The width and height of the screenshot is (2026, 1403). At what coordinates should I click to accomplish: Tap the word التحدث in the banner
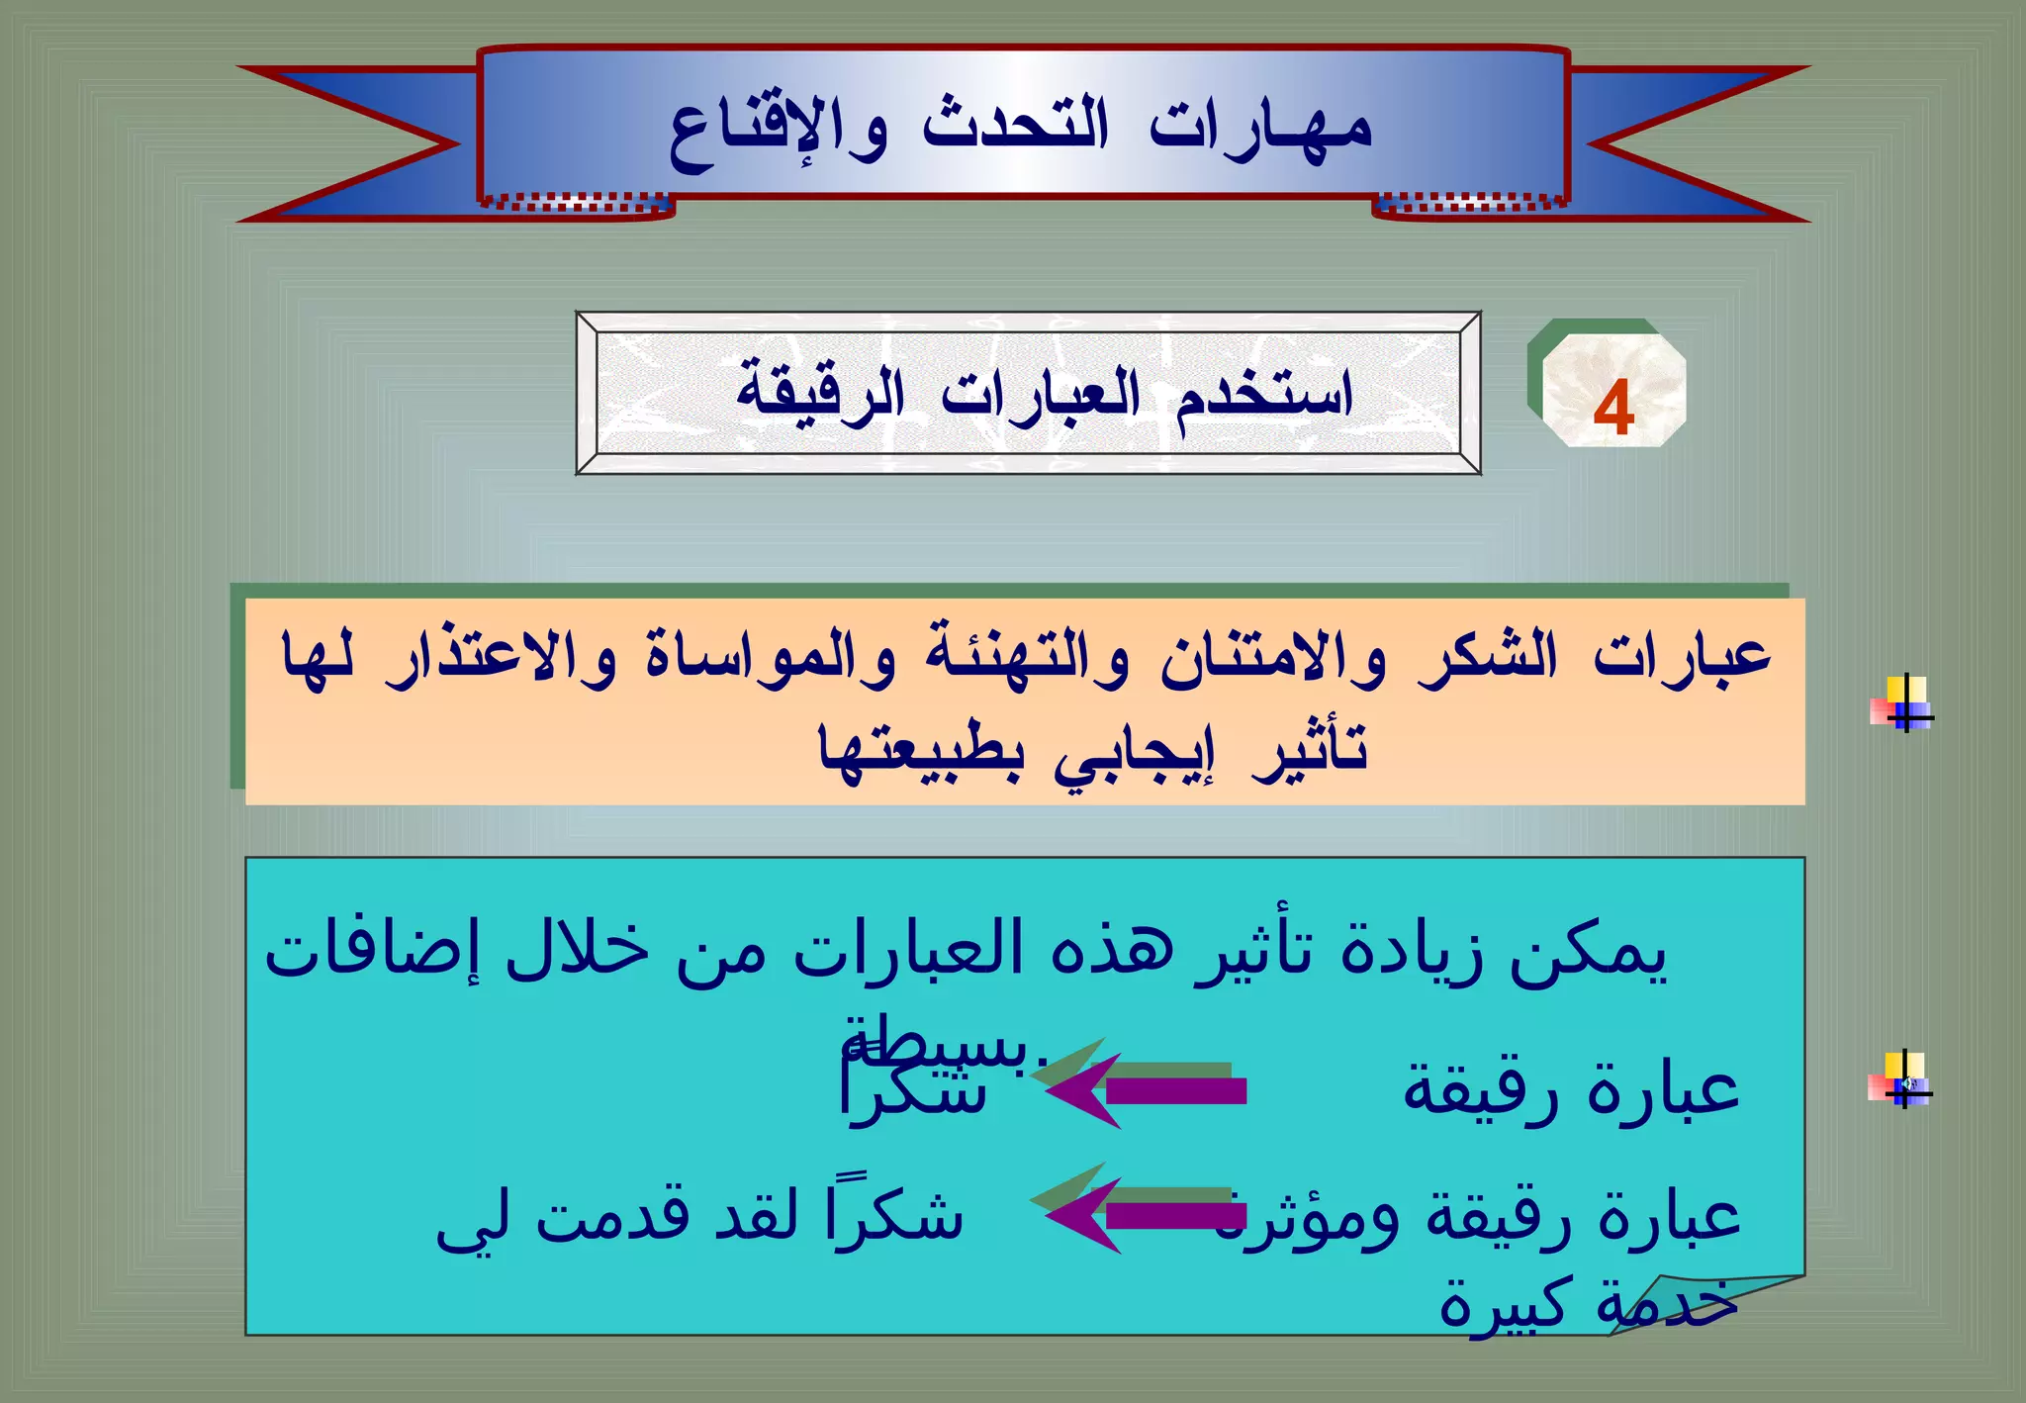1015,127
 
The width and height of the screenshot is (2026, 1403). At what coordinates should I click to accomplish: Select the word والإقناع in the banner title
778,134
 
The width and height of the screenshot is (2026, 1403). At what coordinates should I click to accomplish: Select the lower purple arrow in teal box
1148,1215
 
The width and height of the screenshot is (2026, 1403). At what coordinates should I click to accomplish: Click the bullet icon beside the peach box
1901,704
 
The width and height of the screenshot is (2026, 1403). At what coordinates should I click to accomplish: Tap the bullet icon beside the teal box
1901,1080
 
